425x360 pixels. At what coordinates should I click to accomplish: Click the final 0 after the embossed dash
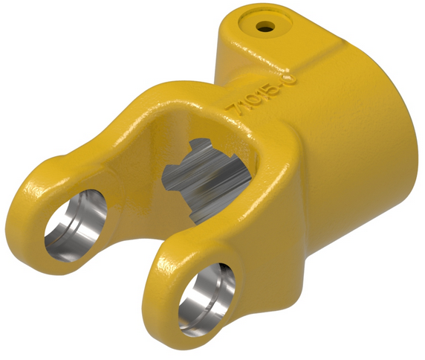point(278,77)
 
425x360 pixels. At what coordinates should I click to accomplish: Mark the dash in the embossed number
point(272,83)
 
